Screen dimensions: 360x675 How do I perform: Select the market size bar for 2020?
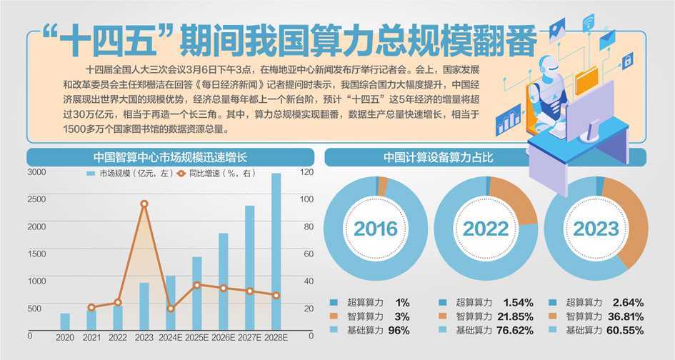(65, 321)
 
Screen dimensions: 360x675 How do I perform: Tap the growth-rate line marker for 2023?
(144, 204)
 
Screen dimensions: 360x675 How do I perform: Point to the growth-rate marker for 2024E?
(170, 309)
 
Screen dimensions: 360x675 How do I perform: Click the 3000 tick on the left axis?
(36, 172)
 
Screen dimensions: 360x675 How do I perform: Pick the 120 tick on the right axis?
(306, 172)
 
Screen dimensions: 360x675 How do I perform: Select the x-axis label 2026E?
(224, 337)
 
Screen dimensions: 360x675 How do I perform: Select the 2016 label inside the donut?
(376, 229)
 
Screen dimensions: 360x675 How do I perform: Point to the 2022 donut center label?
(486, 229)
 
